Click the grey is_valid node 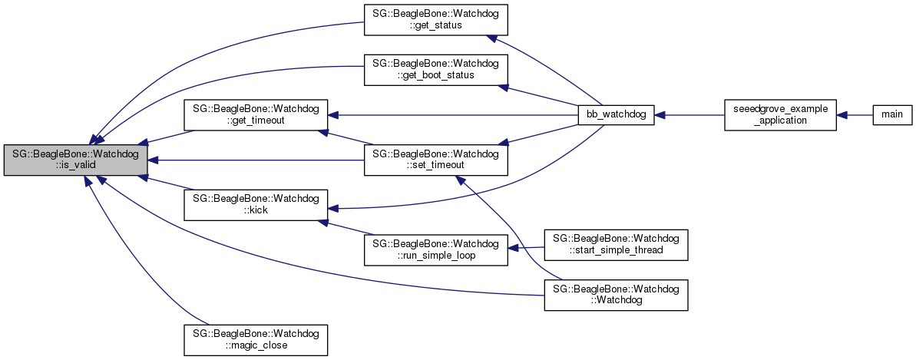tap(75, 160)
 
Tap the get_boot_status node tap(435, 68)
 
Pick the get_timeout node tap(256, 114)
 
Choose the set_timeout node tap(435, 160)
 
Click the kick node tap(256, 204)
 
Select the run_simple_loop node tap(435, 249)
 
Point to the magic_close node tap(256, 339)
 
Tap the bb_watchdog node tap(617, 114)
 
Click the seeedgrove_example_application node tap(780, 114)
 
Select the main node tap(891, 114)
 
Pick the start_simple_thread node tap(616, 243)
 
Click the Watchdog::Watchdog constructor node tap(616, 295)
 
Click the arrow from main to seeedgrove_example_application tap(854, 114)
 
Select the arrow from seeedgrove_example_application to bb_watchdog tap(689, 114)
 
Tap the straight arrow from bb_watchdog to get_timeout tap(453, 114)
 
